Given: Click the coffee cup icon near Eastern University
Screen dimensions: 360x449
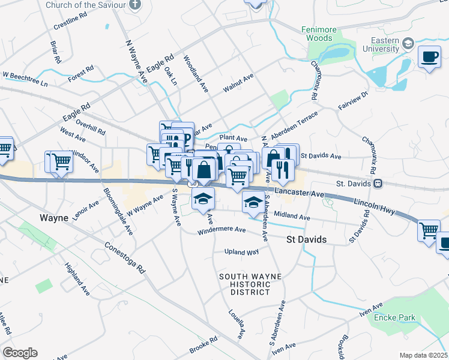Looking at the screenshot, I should click(x=429, y=57).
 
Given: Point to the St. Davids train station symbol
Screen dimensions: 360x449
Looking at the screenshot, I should click(x=378, y=183).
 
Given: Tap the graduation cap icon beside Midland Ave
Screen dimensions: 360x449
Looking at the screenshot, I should click(x=253, y=203).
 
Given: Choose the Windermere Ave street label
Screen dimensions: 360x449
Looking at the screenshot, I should click(x=222, y=230).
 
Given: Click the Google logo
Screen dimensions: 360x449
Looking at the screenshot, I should click(x=20, y=352).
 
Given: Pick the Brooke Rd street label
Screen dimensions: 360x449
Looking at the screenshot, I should click(x=203, y=345).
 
